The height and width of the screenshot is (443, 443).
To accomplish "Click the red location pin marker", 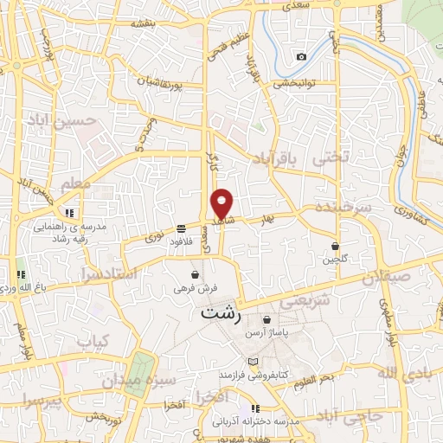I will [223, 203].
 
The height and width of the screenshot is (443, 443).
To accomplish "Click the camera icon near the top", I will [301, 57].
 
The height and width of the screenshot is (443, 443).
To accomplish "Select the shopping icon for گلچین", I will [335, 246].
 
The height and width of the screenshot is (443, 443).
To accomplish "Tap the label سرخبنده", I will [343, 209].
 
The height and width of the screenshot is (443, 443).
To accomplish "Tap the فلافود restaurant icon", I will [181, 229].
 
